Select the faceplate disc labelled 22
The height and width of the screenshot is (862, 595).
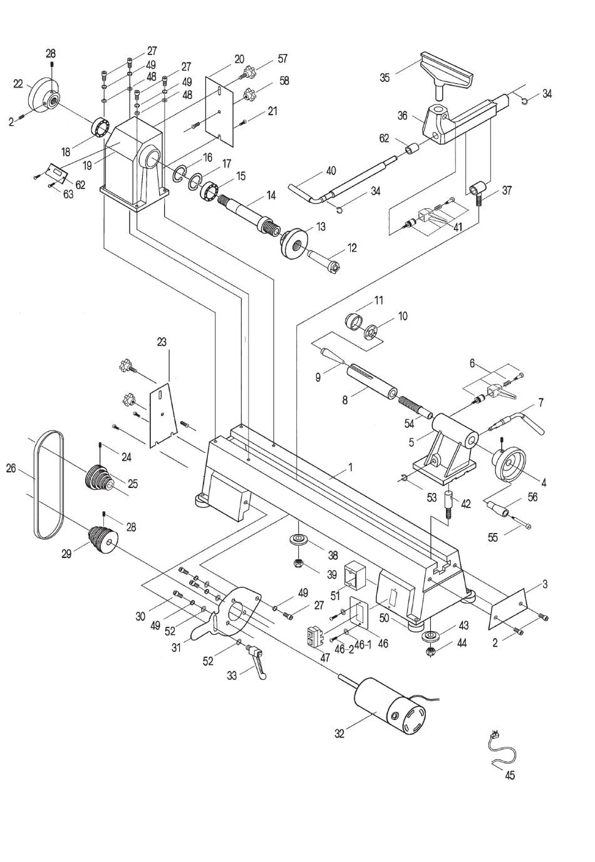[x=44, y=96]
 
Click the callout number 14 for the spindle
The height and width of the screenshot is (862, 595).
[x=271, y=196]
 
